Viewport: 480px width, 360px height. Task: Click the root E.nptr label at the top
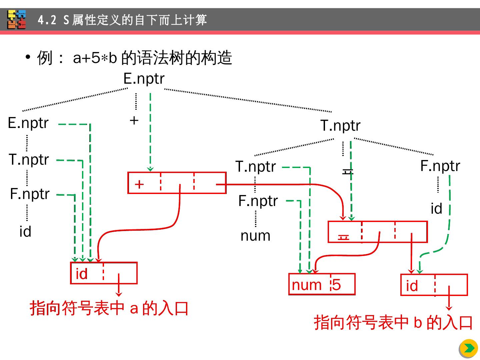point(144,79)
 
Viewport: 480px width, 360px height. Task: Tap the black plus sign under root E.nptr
point(134,120)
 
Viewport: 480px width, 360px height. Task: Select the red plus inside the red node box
point(139,184)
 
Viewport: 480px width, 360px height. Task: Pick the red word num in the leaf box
point(307,285)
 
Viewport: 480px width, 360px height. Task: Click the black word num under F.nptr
point(255,236)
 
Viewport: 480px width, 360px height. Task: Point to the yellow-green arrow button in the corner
point(469,348)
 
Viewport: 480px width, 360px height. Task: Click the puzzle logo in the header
point(17,20)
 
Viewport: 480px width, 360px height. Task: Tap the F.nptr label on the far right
point(440,166)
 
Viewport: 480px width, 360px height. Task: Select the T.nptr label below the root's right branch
point(340,126)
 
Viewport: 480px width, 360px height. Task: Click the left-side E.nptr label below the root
point(28,123)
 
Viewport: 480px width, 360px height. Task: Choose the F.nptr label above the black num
point(258,201)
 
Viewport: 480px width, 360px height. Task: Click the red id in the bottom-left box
point(82,274)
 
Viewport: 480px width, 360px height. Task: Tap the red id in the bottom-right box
point(412,286)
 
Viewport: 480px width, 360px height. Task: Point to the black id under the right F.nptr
point(436,209)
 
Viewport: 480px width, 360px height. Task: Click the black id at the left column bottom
point(25,232)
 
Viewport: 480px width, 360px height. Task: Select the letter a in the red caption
point(134,308)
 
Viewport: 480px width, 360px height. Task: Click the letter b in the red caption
point(418,323)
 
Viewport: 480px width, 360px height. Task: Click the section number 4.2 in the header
point(47,20)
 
